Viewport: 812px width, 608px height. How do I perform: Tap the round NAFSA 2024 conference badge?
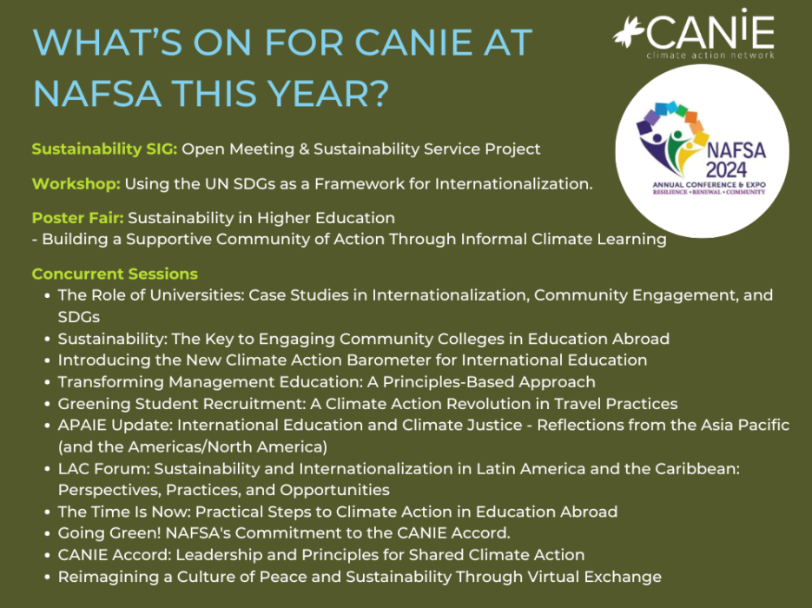tap(703, 151)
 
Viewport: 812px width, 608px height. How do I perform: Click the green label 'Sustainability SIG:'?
tap(104, 149)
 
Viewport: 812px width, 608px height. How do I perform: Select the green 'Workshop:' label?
tap(76, 184)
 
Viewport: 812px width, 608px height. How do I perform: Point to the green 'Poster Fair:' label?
tap(77, 218)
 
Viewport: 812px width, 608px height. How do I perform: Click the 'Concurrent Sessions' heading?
tap(115, 274)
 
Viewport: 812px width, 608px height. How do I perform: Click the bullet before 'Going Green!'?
tap(48, 533)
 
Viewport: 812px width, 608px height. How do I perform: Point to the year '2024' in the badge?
tap(726, 170)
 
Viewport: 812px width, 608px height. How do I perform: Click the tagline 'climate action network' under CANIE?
tap(710, 55)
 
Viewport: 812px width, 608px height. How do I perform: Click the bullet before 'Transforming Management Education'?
tap(48, 382)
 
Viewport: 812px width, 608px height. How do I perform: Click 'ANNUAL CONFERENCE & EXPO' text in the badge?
tap(709, 184)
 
